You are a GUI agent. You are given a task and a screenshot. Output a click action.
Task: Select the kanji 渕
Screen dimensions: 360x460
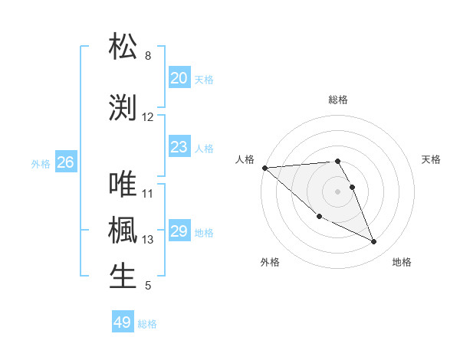[123, 106]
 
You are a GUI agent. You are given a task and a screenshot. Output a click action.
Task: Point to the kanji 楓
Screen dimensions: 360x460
[123, 230]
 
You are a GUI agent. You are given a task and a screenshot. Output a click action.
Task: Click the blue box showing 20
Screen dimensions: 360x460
[179, 78]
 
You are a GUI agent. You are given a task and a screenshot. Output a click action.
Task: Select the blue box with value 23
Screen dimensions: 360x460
[179, 147]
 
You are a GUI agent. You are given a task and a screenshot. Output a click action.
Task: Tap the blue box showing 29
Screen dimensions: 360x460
[179, 231]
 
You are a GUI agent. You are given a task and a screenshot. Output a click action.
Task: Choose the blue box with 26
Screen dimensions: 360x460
[65, 162]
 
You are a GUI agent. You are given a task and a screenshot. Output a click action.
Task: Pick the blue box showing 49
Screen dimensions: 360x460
[122, 322]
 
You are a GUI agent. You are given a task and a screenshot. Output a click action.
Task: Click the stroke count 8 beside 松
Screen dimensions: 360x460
[148, 56]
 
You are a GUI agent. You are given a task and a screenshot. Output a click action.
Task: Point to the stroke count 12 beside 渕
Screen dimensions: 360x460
[148, 117]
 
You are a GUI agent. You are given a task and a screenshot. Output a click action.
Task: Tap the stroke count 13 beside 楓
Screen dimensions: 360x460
[148, 240]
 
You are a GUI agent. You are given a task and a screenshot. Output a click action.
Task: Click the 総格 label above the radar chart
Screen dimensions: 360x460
[338, 100]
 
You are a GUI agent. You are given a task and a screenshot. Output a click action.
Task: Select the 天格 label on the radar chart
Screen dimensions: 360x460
[432, 159]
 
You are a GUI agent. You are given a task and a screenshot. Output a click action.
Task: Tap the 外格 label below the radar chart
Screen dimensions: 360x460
[270, 262]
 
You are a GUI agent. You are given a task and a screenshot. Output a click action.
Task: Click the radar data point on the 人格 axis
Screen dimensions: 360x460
[264, 168]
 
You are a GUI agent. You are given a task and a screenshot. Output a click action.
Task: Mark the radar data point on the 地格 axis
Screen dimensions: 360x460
[374, 242]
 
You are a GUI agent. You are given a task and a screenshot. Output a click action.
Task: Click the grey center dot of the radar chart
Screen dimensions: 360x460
[337, 191]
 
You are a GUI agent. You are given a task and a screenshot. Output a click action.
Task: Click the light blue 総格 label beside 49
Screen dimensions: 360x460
[147, 324]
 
